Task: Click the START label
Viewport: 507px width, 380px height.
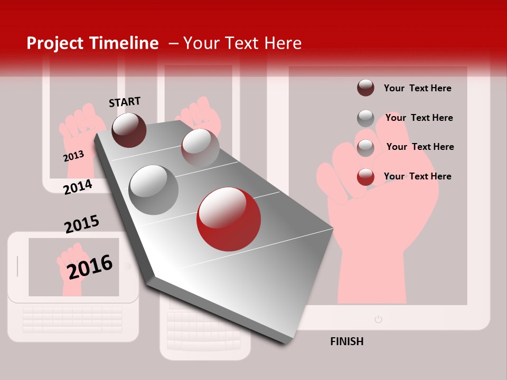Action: (125, 102)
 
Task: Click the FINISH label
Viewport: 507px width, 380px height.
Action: (346, 341)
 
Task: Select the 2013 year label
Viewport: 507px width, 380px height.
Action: (73, 156)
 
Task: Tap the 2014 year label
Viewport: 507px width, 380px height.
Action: (78, 187)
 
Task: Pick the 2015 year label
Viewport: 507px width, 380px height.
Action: (82, 224)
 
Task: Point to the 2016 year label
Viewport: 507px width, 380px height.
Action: (90, 267)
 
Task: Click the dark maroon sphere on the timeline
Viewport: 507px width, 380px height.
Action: (129, 130)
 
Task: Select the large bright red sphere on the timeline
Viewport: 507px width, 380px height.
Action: (228, 219)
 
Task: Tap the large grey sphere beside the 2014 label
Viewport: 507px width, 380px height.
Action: (154, 189)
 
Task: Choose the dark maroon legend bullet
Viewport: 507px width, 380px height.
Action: (365, 88)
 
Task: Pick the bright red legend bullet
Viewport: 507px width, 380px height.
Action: (365, 177)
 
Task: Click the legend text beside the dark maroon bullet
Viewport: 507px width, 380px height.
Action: (417, 88)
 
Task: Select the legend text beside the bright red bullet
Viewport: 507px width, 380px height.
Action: (417, 176)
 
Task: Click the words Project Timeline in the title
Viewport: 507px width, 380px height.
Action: (92, 43)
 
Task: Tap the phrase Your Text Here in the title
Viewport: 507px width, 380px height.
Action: (242, 43)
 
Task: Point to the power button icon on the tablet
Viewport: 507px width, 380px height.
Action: (378, 319)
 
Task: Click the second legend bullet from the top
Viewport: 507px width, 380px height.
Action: (365, 118)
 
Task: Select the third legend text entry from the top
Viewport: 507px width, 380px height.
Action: (420, 147)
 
